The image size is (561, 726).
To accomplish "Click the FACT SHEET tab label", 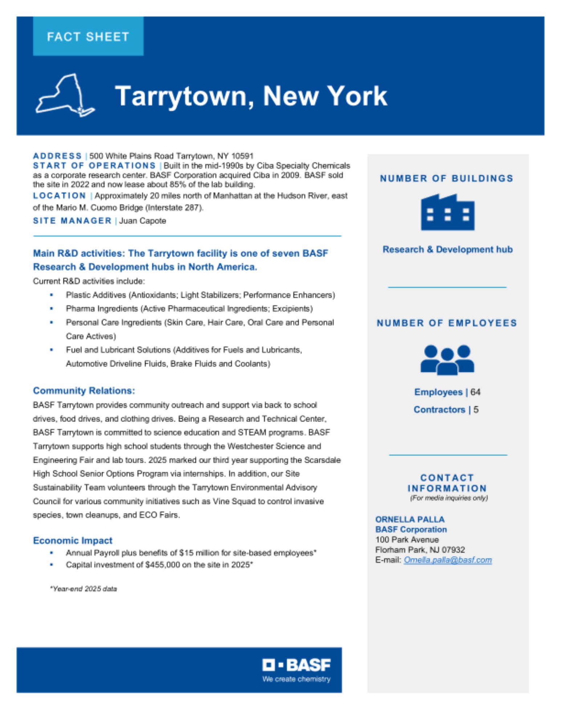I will point(88,37).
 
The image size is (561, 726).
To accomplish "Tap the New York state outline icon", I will point(65,95).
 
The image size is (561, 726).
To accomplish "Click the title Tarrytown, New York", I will point(251,96).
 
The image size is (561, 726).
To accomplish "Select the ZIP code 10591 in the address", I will point(242,156).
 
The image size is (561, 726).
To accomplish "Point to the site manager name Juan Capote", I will point(142,221).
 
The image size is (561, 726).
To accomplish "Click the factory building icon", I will point(447,212).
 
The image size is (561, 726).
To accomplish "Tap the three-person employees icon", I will point(447,360).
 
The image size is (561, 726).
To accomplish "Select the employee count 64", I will point(475,392).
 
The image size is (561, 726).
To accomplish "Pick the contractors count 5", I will point(476,409).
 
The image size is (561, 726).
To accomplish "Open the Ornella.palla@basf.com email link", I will point(447,560).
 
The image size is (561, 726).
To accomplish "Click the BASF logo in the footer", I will point(296,665).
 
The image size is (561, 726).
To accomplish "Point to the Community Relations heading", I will point(84,391).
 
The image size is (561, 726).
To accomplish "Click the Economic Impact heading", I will point(73,541).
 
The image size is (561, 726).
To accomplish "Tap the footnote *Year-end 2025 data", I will point(84,589).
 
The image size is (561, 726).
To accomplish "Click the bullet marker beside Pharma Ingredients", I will point(52,309).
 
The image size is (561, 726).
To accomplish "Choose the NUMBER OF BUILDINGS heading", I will point(447,178).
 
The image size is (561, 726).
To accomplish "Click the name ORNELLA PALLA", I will point(410,519).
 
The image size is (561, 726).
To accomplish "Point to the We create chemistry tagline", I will point(296,679).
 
